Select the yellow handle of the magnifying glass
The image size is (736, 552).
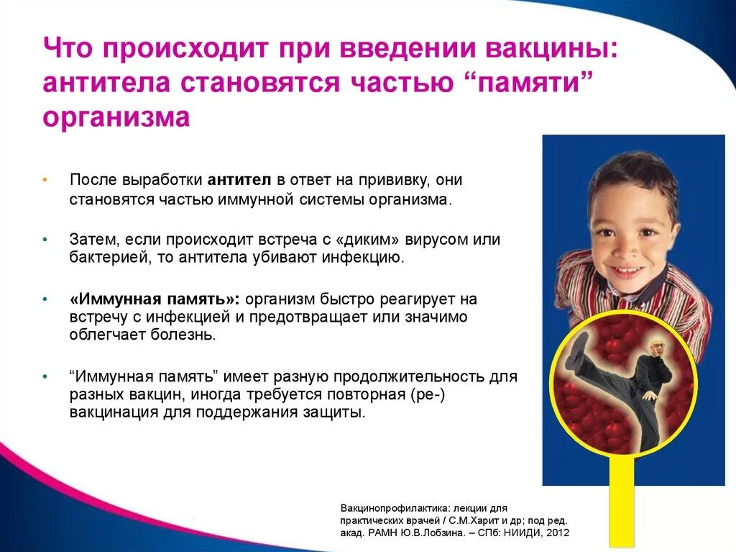622,504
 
